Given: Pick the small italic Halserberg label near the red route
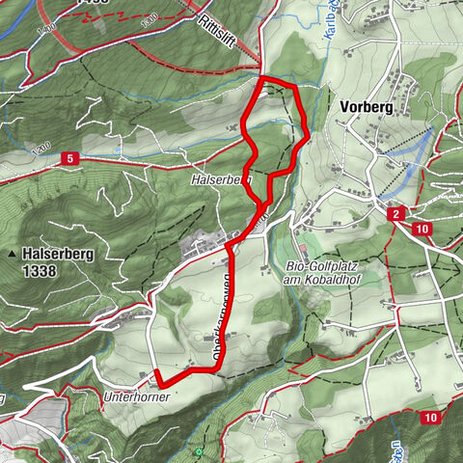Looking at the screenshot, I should coord(221,178).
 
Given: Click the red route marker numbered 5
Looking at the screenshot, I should coord(70,157).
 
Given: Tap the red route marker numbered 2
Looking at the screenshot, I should coord(395,214).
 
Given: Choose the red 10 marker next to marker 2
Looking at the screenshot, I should coord(422,229).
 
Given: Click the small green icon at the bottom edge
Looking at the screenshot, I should coord(198,451).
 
